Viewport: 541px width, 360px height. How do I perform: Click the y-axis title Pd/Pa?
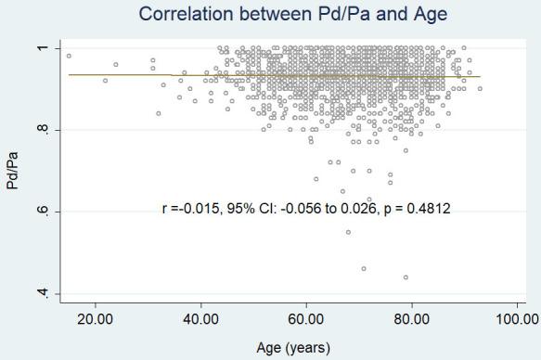point(13,172)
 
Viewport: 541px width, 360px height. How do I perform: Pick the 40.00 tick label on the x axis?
point(200,320)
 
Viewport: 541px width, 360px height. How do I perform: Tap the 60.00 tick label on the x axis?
point(305,320)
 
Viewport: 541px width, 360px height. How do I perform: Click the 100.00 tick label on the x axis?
point(515,320)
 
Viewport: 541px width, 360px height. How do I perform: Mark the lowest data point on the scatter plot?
point(406,277)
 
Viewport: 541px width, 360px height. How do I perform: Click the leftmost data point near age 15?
point(69,56)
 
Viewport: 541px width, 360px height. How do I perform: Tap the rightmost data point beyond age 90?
point(480,88)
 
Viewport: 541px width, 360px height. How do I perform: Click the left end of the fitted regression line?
point(69,74)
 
